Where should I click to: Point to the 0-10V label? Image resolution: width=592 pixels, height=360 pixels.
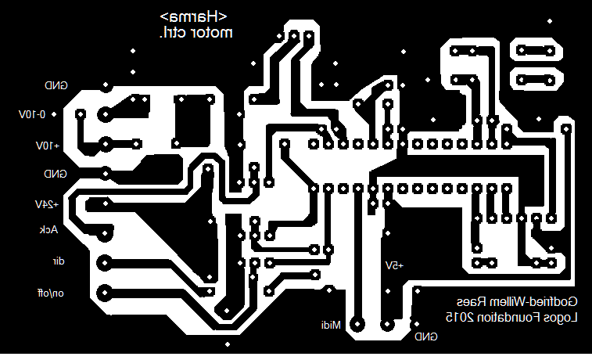(x=32, y=114)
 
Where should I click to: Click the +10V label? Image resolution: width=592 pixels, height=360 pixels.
(x=48, y=146)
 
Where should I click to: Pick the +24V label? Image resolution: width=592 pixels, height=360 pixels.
(x=48, y=204)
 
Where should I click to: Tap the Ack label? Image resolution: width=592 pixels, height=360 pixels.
(x=49, y=230)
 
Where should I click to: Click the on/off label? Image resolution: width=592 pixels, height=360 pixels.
(x=50, y=293)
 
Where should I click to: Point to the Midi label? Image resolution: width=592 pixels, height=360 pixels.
(x=331, y=324)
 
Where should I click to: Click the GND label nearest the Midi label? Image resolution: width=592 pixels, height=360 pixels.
(x=425, y=337)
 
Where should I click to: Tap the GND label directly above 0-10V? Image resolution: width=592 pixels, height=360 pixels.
(x=56, y=85)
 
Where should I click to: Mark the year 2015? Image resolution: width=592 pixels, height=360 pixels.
(x=461, y=318)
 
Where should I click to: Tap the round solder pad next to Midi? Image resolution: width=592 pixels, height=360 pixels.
(x=358, y=322)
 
